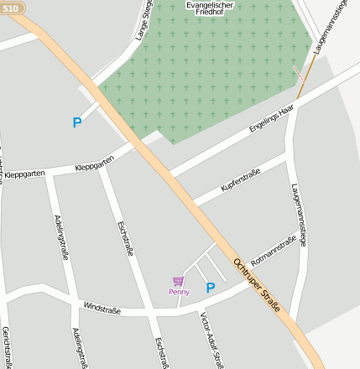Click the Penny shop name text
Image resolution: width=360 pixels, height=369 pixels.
[x=179, y=292]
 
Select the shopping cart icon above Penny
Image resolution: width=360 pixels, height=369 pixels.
[x=178, y=281]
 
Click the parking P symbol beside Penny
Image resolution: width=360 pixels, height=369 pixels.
[x=211, y=288]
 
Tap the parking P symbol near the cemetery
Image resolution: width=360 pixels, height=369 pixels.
[x=77, y=122]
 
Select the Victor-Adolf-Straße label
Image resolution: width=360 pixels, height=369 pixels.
[x=211, y=340]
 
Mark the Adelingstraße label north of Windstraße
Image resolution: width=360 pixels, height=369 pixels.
[x=60, y=236]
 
